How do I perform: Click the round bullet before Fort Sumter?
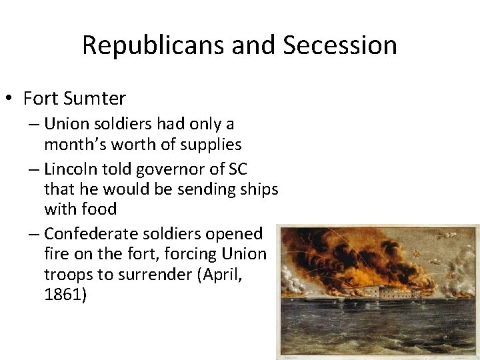click(9, 99)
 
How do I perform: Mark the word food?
click(99, 209)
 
